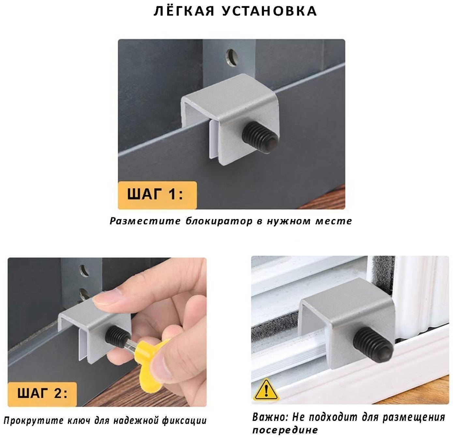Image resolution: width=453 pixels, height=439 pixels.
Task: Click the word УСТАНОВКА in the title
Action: tap(269, 11)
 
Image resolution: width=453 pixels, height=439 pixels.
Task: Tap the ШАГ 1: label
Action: tap(155, 194)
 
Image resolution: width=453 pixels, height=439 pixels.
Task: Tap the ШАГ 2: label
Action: tap(42, 393)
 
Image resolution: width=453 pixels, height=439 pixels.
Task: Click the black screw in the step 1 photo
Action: tap(260, 137)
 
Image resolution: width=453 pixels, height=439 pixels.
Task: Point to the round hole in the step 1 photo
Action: tap(231, 57)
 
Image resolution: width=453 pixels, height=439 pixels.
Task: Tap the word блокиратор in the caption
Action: tap(219, 221)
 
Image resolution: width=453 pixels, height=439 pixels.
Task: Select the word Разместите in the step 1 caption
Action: tap(145, 221)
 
